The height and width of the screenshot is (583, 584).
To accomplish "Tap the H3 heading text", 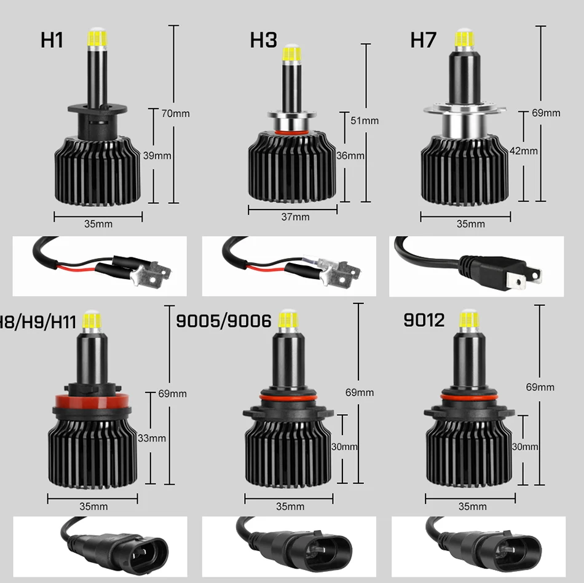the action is [x=263, y=41].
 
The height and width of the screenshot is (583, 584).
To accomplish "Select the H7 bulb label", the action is [x=423, y=41].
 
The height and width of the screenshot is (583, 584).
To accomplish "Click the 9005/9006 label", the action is [x=224, y=321].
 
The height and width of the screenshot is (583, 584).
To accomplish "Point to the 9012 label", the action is [x=424, y=321].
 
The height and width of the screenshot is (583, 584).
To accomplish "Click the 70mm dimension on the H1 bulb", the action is [x=175, y=113].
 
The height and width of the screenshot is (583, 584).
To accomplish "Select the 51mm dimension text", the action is [x=365, y=120].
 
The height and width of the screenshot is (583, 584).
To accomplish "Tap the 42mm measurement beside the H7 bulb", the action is [x=524, y=151].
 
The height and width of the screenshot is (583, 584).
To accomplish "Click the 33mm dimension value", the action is [x=152, y=438].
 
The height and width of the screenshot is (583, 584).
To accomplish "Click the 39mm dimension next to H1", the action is [x=157, y=155].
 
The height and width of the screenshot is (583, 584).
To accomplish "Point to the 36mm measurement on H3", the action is [x=350, y=155].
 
